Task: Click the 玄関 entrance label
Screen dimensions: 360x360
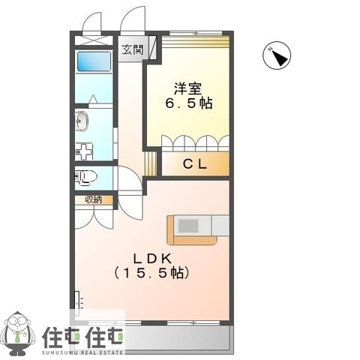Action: coord(134,50)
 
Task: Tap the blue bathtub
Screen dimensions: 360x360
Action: coord(94,61)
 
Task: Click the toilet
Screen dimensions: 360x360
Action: coord(86,178)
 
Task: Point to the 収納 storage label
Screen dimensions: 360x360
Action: coord(93,199)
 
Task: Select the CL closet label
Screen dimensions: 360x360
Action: coord(194,164)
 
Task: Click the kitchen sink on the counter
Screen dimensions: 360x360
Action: coord(188,224)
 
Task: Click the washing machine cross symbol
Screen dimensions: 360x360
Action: coord(82,149)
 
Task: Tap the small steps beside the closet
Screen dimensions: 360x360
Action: coord(151,164)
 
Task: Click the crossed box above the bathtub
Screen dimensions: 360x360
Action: coord(94,40)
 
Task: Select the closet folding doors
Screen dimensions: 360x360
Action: coord(195,142)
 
